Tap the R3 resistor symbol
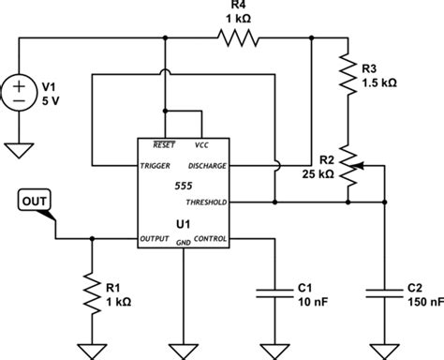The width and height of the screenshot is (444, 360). pos(350,80)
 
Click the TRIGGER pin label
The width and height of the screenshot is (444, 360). pos(156,165)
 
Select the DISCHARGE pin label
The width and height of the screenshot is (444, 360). pos(206,165)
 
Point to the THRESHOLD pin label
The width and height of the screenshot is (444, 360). pos(206,201)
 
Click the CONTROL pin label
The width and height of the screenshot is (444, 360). pos(210,238)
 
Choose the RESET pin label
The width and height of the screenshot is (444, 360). pos(164,145)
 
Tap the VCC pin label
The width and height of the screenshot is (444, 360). pos(200,145)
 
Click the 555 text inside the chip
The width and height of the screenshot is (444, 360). pos(183,187)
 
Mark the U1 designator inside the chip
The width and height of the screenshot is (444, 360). pos(183,223)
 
